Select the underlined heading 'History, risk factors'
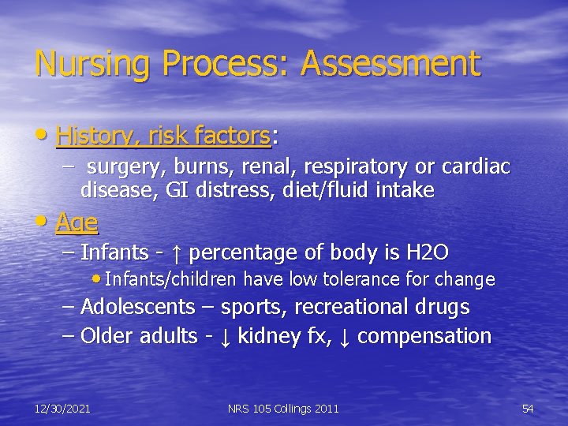click(163, 137)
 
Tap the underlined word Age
click(77, 223)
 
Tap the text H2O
click(427, 252)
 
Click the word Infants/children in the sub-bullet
click(172, 279)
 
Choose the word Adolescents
click(137, 307)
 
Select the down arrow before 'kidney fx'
click(225, 337)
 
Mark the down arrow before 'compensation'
click(345, 337)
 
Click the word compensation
click(424, 337)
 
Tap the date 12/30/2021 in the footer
click(62, 409)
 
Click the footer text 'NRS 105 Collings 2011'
click(283, 409)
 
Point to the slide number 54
click(528, 409)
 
